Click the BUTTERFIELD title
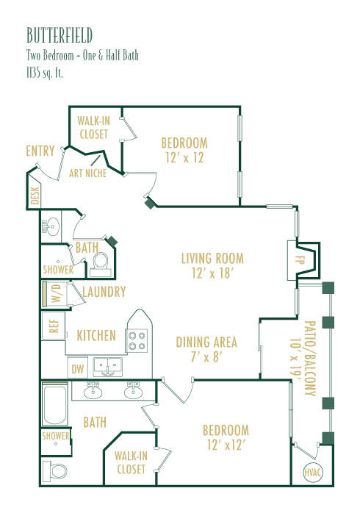click(x=60, y=35)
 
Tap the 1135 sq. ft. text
click(x=45, y=73)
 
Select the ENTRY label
click(x=40, y=151)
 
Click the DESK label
click(x=35, y=195)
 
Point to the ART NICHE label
click(x=88, y=173)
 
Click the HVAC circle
click(x=313, y=472)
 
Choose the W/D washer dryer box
click(x=55, y=293)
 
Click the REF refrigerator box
click(x=54, y=326)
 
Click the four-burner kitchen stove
click(x=137, y=340)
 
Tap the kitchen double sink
click(x=108, y=367)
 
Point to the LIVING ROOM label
click(x=212, y=259)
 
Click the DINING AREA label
click(x=206, y=342)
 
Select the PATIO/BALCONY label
click(x=310, y=358)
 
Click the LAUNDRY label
click(x=104, y=292)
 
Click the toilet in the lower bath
click(x=56, y=471)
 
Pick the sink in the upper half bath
click(x=51, y=226)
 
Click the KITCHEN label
click(x=96, y=336)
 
